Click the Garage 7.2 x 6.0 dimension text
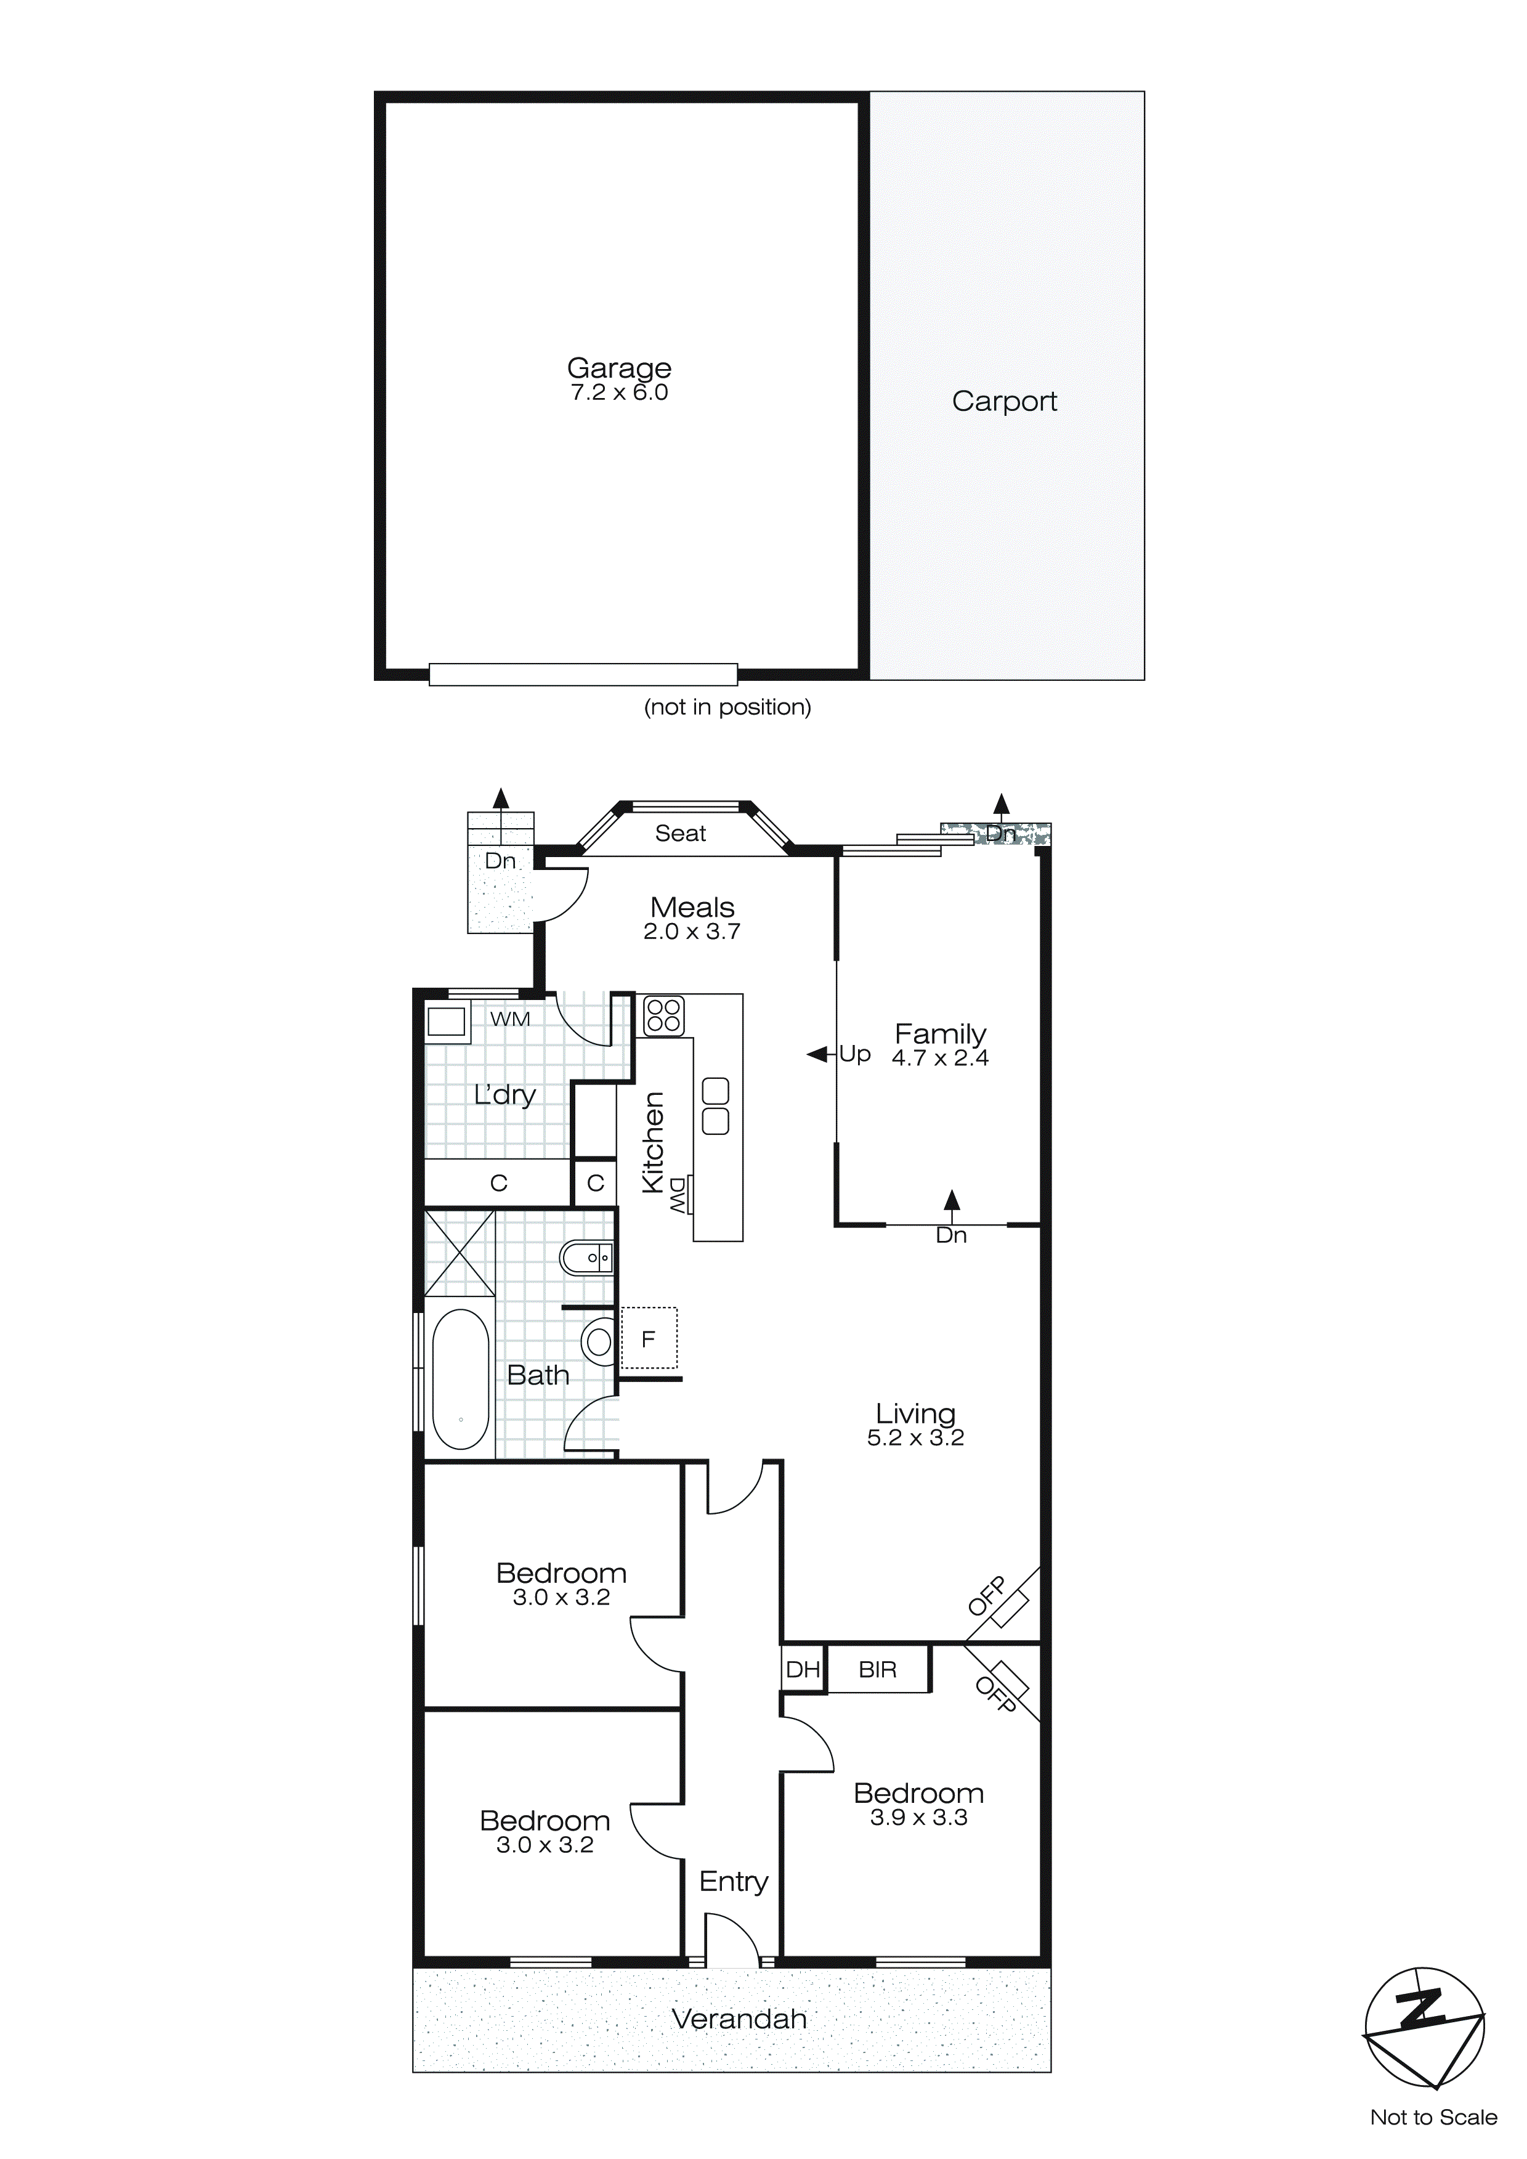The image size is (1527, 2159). coord(618,393)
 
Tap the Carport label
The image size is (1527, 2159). coord(1004,402)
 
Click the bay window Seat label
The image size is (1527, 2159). coord(680,833)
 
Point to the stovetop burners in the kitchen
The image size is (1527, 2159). coord(663,1015)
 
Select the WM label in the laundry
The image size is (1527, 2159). coord(509,1019)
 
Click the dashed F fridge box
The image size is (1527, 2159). coord(649,1338)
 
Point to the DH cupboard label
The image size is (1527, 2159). coord(803,1669)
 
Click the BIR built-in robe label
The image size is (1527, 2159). coord(877,1669)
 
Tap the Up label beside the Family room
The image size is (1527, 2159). coord(855,1054)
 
